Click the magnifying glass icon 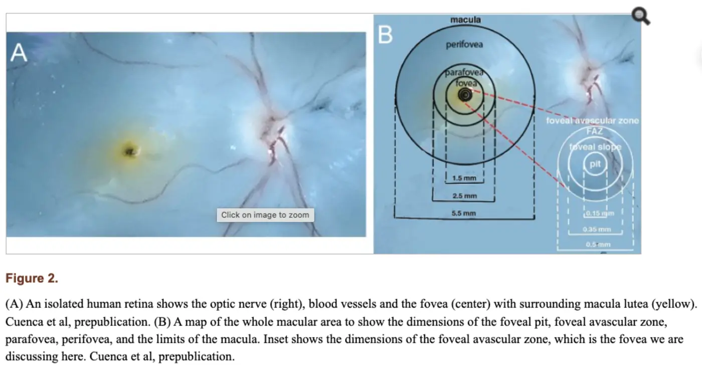pos(640,16)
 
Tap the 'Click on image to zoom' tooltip pos(265,215)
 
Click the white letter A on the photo pos(19,53)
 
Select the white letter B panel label pos(385,35)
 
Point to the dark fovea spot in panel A pos(130,150)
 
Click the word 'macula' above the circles pos(465,20)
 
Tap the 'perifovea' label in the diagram pos(464,45)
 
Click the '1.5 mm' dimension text pos(464,178)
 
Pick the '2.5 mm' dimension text pos(464,196)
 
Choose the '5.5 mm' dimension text pos(464,214)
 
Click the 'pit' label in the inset pos(595,164)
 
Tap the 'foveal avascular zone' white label pos(593,121)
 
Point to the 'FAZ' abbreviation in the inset pos(595,131)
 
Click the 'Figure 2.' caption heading pos(32,279)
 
